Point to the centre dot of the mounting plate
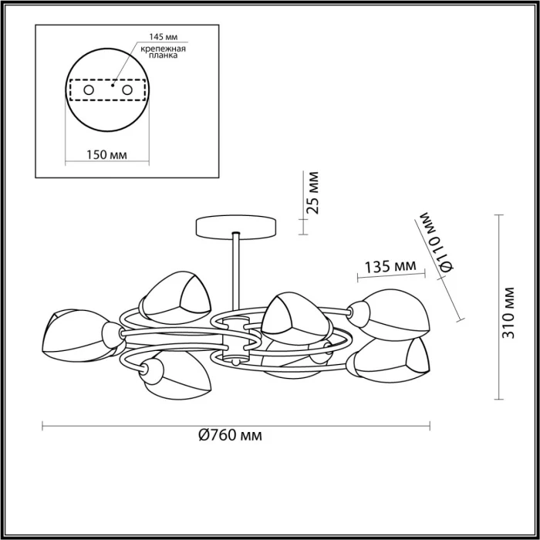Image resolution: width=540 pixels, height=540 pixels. point(113,87)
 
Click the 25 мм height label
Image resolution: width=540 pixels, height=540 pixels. point(312,193)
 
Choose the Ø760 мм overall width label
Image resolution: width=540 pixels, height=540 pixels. point(230,436)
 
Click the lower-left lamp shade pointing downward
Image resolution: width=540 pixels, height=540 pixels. point(174,376)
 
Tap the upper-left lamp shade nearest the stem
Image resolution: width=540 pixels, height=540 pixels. point(170,296)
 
